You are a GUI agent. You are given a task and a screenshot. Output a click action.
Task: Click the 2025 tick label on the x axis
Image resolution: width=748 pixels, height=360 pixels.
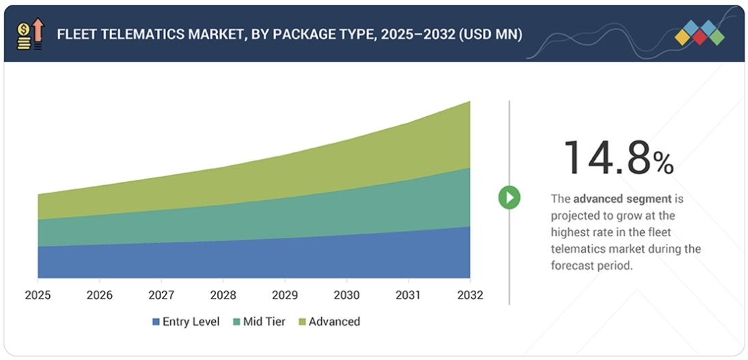tap(38, 296)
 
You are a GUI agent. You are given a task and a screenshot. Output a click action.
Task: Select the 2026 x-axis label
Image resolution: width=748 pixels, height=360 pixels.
tap(99, 296)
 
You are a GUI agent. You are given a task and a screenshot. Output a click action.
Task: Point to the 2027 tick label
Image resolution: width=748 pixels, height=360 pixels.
tap(161, 296)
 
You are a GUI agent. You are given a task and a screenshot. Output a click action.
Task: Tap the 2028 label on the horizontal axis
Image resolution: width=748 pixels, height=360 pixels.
tap(223, 296)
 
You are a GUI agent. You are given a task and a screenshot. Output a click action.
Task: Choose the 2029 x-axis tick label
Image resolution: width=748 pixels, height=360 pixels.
tap(284, 296)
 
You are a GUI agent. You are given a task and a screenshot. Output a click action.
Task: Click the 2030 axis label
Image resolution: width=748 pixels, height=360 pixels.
tap(346, 296)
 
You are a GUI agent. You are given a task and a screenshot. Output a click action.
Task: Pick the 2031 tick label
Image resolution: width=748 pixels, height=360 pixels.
tap(408, 296)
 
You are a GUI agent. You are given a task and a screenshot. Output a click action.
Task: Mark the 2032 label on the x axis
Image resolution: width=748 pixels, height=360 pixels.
tap(469, 296)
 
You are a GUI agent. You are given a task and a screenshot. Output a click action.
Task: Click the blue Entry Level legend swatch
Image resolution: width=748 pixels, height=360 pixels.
tap(156, 322)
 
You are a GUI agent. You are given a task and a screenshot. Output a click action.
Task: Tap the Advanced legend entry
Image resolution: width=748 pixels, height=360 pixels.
tap(334, 322)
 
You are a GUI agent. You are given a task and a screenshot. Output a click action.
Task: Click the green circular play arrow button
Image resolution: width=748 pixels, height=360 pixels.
tap(509, 198)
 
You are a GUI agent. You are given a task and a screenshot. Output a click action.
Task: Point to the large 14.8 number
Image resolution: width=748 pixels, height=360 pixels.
tap(605, 158)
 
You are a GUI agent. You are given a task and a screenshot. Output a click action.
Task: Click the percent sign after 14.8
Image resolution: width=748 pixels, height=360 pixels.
tap(663, 163)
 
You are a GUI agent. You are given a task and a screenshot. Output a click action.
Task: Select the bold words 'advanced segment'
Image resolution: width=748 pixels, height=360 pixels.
tap(623, 199)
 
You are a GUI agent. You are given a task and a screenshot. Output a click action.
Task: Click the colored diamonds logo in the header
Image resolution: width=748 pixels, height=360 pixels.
tap(699, 33)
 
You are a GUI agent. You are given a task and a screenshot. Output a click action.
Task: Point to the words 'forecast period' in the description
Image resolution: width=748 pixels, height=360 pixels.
tap(592, 266)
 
